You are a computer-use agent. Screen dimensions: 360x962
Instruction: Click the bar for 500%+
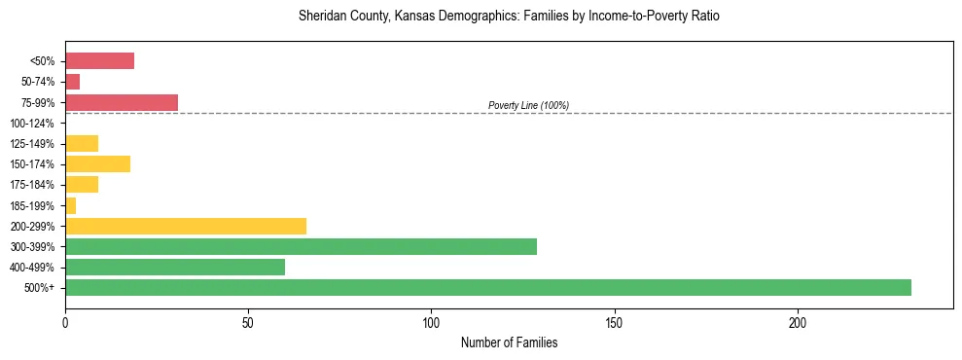click(x=487, y=287)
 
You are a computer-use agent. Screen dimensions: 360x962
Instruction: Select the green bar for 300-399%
click(x=301, y=246)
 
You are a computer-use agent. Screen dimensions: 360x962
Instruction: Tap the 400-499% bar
click(x=175, y=267)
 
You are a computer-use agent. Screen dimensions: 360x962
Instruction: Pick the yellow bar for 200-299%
click(x=186, y=226)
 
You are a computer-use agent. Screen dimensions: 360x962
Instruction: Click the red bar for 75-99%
click(x=122, y=102)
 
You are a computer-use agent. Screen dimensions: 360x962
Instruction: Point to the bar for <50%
click(x=99, y=61)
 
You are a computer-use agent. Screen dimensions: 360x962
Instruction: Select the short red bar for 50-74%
click(x=73, y=82)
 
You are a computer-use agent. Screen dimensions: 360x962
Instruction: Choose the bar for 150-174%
click(x=97, y=163)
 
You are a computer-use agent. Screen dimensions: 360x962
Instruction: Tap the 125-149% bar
click(x=82, y=143)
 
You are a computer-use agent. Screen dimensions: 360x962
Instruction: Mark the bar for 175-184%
click(x=82, y=184)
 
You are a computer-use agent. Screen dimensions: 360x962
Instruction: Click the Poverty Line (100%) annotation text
click(x=528, y=105)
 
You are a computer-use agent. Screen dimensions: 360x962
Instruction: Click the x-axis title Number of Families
click(x=509, y=342)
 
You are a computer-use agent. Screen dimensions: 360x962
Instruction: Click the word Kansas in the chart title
click(x=429, y=17)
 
